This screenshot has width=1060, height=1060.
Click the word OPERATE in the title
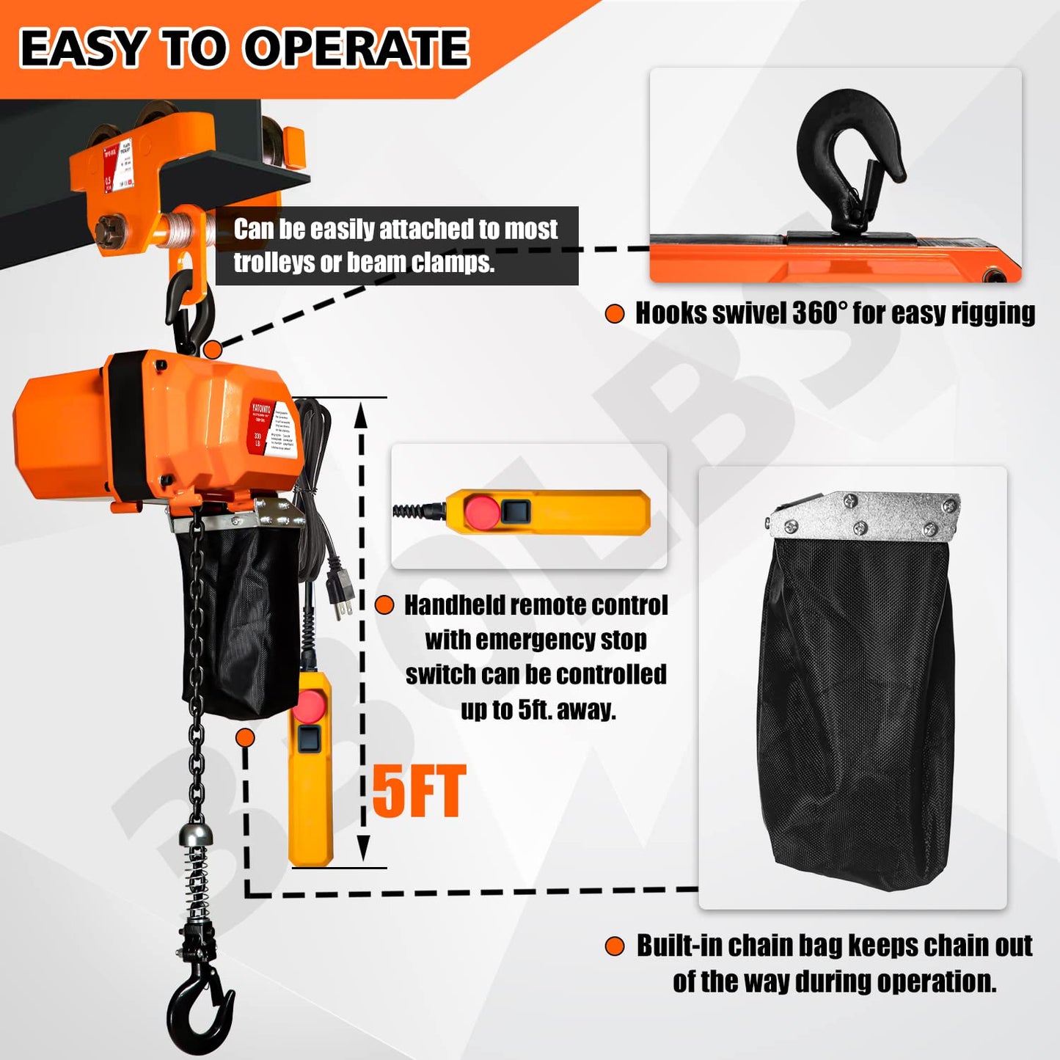pos(356,48)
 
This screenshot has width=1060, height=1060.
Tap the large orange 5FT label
pos(419,792)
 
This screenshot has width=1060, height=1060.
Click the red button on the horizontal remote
pos(481,511)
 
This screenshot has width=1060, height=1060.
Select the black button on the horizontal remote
pos(516,511)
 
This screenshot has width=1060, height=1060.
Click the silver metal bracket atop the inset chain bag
pos(866,515)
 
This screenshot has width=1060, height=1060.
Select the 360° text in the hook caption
pos(819,313)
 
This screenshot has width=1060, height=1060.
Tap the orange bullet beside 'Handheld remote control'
pos(384,605)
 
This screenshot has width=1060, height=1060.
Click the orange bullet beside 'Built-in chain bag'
pos(615,946)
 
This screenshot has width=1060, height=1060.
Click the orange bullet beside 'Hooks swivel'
pos(615,314)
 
